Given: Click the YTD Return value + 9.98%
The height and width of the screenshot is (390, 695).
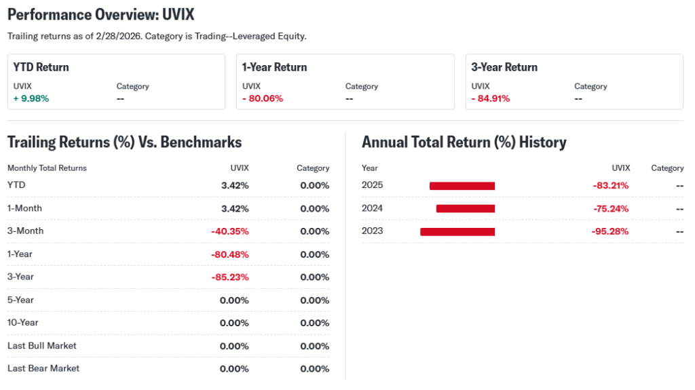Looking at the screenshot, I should [31, 98].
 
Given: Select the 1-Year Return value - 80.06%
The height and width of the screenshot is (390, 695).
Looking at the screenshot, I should [263, 98].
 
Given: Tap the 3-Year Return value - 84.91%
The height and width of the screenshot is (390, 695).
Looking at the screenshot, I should [491, 98].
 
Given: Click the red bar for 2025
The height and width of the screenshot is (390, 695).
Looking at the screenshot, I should [462, 186].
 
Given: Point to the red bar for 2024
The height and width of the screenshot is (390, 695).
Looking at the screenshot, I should [466, 209].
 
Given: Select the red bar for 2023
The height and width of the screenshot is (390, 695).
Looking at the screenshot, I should [457, 231].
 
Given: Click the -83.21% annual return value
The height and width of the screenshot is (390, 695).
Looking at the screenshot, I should [610, 186].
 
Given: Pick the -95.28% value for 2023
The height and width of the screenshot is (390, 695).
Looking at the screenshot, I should [610, 231].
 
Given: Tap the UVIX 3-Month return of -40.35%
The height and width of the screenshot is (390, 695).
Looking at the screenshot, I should [230, 231].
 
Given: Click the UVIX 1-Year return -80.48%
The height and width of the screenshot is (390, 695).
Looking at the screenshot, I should [230, 254].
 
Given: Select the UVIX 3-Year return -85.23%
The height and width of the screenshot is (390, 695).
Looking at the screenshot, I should [230, 277].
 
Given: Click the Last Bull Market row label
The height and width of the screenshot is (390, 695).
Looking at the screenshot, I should [42, 345].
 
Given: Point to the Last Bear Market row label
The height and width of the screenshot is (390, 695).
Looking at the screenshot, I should [43, 368].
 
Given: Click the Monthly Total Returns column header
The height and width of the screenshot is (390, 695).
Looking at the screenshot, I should [47, 168].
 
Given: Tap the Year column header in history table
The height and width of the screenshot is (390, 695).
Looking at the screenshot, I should [370, 168].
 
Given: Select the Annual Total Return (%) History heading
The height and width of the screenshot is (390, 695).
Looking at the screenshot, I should [464, 142].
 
